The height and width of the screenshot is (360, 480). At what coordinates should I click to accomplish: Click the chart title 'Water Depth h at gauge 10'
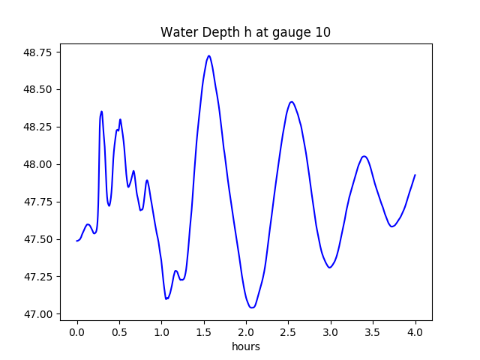point(245,33)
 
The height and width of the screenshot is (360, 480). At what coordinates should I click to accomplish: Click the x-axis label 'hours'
point(245,346)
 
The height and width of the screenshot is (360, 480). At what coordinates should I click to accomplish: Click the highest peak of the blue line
point(208,55)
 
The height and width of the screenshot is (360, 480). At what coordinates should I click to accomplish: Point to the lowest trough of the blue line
point(252,307)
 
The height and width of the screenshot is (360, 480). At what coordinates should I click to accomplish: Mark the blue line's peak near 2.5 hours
point(292,102)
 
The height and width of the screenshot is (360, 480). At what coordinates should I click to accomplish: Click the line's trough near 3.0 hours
point(329,268)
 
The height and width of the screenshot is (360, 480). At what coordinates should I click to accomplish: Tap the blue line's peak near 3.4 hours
point(364,156)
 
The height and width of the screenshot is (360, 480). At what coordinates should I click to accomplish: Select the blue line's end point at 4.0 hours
point(415,175)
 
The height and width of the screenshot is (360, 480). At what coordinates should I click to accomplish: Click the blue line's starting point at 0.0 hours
point(77,241)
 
